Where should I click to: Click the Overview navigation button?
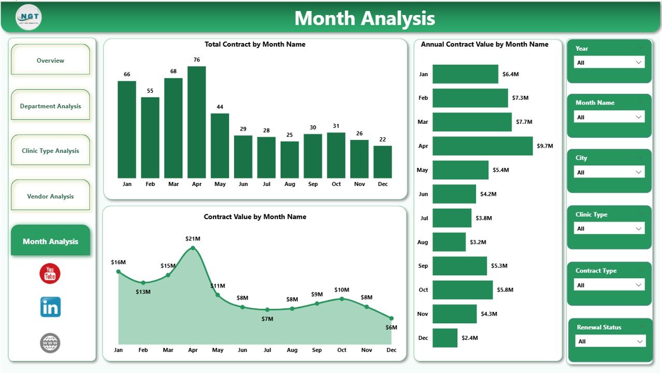coord(50,60)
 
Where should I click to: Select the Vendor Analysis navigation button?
coord(50,196)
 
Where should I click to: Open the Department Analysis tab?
coord(50,106)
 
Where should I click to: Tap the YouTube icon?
coord(50,274)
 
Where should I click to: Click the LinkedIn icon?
coord(50,307)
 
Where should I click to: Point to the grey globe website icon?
coord(50,343)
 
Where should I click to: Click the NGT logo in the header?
coord(28,17)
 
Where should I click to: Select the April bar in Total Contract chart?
coord(196,122)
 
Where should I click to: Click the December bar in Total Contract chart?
coord(383,162)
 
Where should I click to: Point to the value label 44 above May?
coord(220,107)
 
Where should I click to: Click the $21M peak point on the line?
coord(193,248)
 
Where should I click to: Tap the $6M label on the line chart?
coord(392,327)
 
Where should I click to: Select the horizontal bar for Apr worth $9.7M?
coord(482,146)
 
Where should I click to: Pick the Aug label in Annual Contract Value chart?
coord(423,242)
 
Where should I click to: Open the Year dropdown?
coord(609,63)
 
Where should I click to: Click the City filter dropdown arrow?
coord(639,173)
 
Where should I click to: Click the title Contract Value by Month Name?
coord(255,217)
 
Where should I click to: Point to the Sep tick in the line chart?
coord(317,350)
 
